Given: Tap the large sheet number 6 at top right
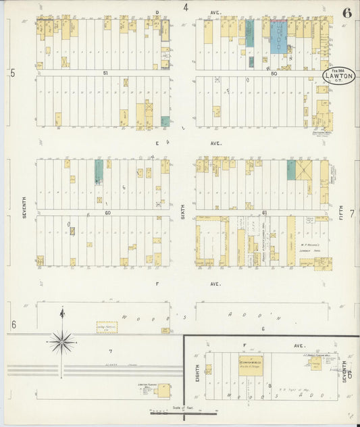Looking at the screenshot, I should (x=346, y=11).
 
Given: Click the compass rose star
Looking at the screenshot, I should (x=61, y=342).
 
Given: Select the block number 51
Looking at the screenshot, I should (x=105, y=72).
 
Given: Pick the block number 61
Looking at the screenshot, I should (x=265, y=212).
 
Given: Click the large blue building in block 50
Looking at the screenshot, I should (x=278, y=37).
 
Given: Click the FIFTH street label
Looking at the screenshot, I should (x=342, y=215).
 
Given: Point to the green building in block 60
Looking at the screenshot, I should (x=99, y=172).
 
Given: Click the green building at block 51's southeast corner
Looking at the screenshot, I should (x=165, y=122).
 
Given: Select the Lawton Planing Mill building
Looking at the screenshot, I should (x=161, y=391).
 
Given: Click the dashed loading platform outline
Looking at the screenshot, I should (x=105, y=327).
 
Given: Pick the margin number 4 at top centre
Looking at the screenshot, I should (x=185, y=8).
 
